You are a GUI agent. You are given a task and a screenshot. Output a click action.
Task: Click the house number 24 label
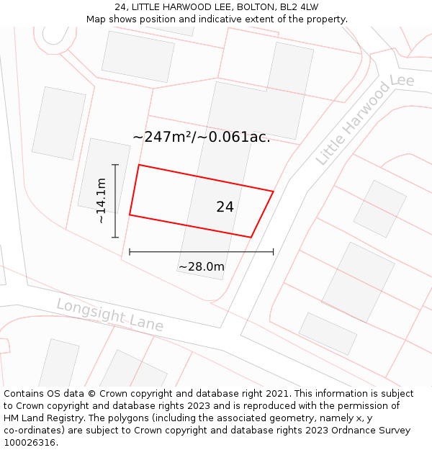coord(225,207)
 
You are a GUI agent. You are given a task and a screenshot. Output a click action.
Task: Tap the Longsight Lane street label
coord(109,315)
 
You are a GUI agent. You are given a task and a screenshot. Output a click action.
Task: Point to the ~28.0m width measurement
coord(202,267)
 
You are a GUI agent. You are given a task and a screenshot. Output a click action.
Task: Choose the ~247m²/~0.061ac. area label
coord(202,137)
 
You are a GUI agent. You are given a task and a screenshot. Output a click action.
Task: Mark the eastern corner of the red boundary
coord(273,191)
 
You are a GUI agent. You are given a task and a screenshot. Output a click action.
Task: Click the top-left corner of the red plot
coord(138,165)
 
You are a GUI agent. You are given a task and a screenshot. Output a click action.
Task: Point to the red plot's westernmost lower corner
coord(130,215)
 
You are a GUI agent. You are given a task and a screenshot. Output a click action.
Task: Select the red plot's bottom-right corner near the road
coord(251,237)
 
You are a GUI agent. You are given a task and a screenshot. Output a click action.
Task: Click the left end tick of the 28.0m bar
coord(130,252)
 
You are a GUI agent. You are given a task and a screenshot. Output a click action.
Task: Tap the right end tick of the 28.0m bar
coord(274,252)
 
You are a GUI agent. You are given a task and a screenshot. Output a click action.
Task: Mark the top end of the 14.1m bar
coord(115,165)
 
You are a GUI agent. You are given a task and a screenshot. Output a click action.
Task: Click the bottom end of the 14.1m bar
coord(115,237)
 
